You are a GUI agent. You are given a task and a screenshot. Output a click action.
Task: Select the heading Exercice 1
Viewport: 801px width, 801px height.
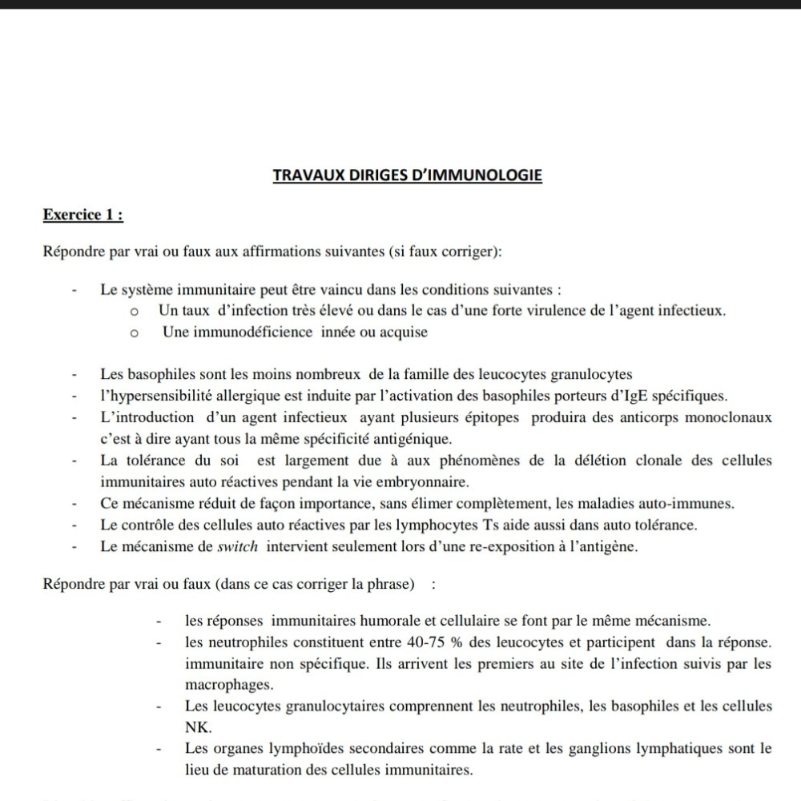point(83,215)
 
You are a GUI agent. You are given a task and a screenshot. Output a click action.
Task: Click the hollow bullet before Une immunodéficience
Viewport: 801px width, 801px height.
point(135,332)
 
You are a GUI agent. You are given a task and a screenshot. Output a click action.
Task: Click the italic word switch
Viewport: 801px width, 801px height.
point(239,547)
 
